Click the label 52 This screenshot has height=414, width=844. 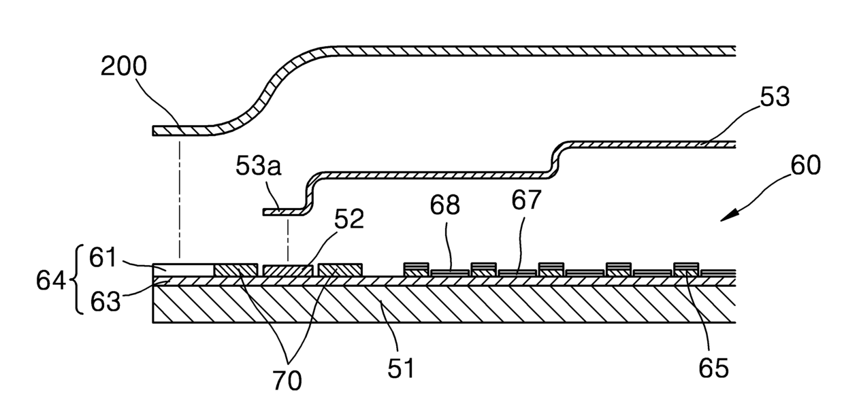click(348, 218)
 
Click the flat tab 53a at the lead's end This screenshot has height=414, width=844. click(282, 213)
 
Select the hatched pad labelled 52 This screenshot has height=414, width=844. click(288, 271)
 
